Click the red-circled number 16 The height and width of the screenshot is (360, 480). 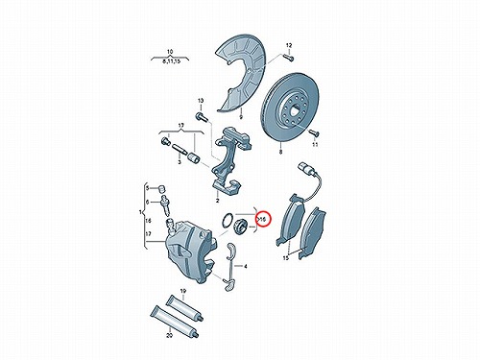tap(263, 220)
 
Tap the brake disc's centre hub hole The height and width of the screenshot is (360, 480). tap(294, 112)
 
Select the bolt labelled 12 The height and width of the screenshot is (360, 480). tap(289, 58)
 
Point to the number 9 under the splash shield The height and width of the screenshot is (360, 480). tap(241, 117)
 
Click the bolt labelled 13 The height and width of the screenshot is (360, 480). tap(201, 116)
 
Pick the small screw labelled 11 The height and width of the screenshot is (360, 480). tap(313, 132)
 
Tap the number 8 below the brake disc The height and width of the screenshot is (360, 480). tap(280, 153)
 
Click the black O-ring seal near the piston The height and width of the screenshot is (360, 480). tap(228, 220)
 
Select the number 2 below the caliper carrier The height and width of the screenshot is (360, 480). tap(217, 201)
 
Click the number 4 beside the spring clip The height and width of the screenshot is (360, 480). tap(246, 266)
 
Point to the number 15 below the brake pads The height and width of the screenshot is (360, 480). tap(286, 258)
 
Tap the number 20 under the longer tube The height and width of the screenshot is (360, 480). tap(170, 335)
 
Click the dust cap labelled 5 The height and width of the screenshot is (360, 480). tap(161, 188)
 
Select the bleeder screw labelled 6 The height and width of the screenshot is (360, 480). tap(165, 204)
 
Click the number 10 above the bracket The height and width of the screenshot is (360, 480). tap(170, 52)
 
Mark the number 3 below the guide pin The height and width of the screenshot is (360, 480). tap(180, 162)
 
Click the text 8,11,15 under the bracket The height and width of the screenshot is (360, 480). tap(172, 61)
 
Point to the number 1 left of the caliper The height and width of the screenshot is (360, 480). tap(140, 212)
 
